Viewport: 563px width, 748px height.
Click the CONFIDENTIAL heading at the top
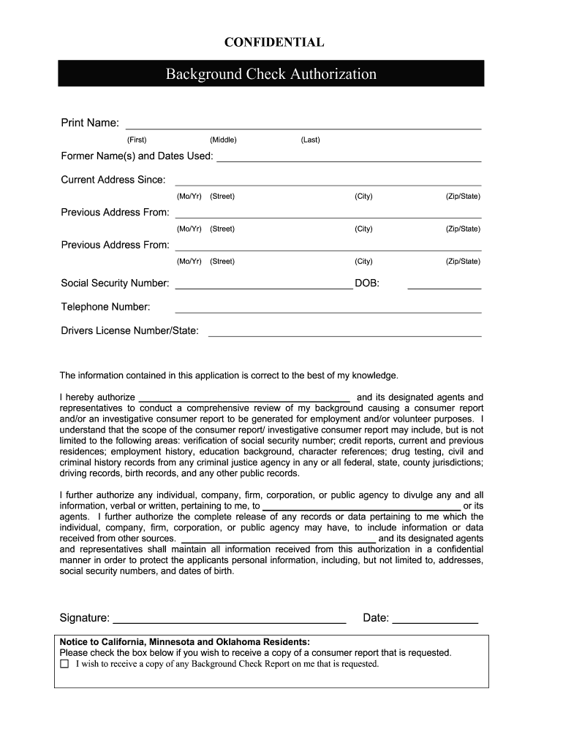(x=273, y=42)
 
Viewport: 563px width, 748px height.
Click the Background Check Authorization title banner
(x=271, y=74)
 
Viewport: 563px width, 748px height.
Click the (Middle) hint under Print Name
(x=223, y=140)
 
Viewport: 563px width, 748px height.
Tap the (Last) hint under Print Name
(x=310, y=140)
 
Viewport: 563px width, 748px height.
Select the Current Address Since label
(x=113, y=180)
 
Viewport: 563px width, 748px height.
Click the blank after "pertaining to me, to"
(x=361, y=506)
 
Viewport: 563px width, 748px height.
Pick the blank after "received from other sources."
(x=278, y=539)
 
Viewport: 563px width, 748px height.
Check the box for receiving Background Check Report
(x=64, y=664)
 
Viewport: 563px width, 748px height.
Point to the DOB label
(x=367, y=283)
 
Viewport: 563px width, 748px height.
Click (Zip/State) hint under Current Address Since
(x=463, y=196)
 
